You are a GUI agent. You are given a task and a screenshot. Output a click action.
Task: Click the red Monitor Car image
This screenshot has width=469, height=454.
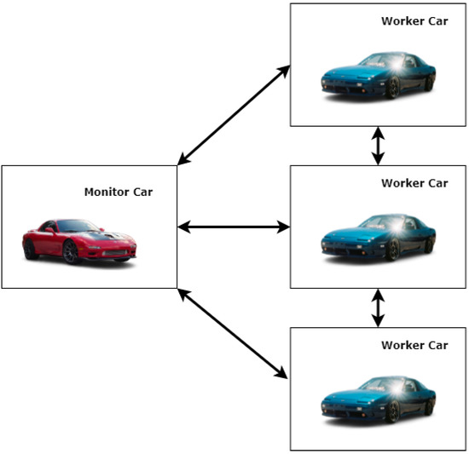(79, 240)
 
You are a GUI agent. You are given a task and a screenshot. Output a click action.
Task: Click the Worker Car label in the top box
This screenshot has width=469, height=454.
(414, 21)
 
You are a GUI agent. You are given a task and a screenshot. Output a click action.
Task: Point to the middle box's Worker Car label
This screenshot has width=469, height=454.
(414, 183)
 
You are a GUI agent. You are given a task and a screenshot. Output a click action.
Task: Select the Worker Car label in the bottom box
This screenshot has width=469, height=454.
(414, 345)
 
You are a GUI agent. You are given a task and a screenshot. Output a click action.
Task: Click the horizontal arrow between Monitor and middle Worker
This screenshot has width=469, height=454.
(234, 227)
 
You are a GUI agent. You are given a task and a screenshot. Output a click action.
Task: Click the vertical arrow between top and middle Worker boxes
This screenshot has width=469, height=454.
(378, 147)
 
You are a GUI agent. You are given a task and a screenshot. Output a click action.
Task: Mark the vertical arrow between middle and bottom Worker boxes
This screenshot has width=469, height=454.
(378, 308)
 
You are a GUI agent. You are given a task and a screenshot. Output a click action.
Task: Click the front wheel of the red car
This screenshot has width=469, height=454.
(72, 252)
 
